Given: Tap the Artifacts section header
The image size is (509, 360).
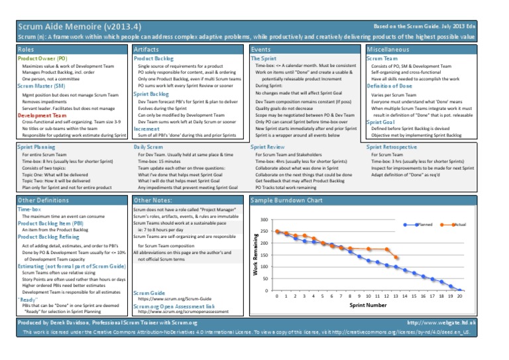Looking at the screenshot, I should pyautogui.click(x=146, y=50).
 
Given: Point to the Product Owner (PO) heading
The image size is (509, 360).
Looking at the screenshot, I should pyautogui.click(x=42, y=59).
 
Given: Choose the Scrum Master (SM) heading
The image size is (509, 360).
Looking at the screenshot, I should pyautogui.click(x=42, y=86).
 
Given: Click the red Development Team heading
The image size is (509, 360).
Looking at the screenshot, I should pyautogui.click(x=42, y=115).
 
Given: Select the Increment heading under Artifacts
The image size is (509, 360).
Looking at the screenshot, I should pyautogui.click(x=147, y=129).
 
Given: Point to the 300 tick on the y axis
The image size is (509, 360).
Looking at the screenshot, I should pyautogui.click(x=264, y=219).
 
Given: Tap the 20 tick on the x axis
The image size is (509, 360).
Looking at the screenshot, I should pyautogui.click(x=459, y=297).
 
